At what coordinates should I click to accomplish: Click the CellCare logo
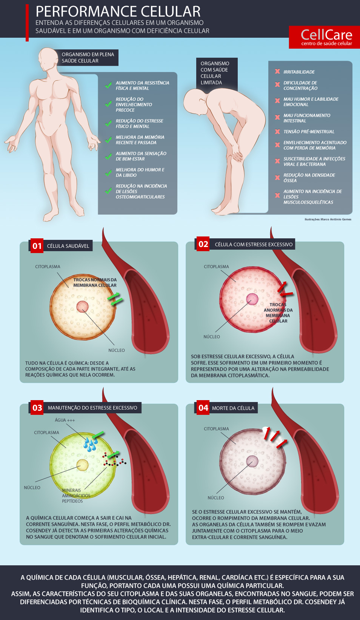pos(326,37)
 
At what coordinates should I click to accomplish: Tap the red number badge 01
pos(37,246)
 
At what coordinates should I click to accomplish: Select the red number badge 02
pos(203,244)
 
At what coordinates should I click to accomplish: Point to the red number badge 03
pos(37,408)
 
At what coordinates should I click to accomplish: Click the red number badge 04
pos(203,408)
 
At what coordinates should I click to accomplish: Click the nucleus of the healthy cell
pos(82,306)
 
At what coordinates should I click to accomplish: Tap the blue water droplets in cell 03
pos(90,444)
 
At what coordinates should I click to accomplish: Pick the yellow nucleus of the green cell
pos(82,465)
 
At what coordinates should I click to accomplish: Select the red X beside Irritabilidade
pos(277,72)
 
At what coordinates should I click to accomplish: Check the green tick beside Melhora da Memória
pos(108,140)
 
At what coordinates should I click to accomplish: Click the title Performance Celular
pos(118,11)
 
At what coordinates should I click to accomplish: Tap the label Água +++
pos(65,420)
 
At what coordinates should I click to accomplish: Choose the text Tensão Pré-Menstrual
pos(309,132)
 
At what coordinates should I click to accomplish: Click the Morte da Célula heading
pos(233,408)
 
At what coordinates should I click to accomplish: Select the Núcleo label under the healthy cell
pos(116,350)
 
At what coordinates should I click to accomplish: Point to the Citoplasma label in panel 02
pos(216,267)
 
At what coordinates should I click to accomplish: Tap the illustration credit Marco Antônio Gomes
pos(328,219)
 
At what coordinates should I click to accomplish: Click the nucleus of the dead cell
pos(252,461)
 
